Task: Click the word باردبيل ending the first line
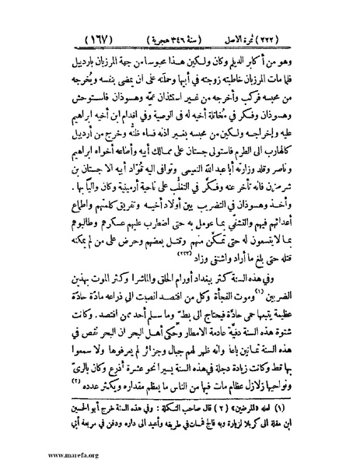[x=68, y=37]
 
